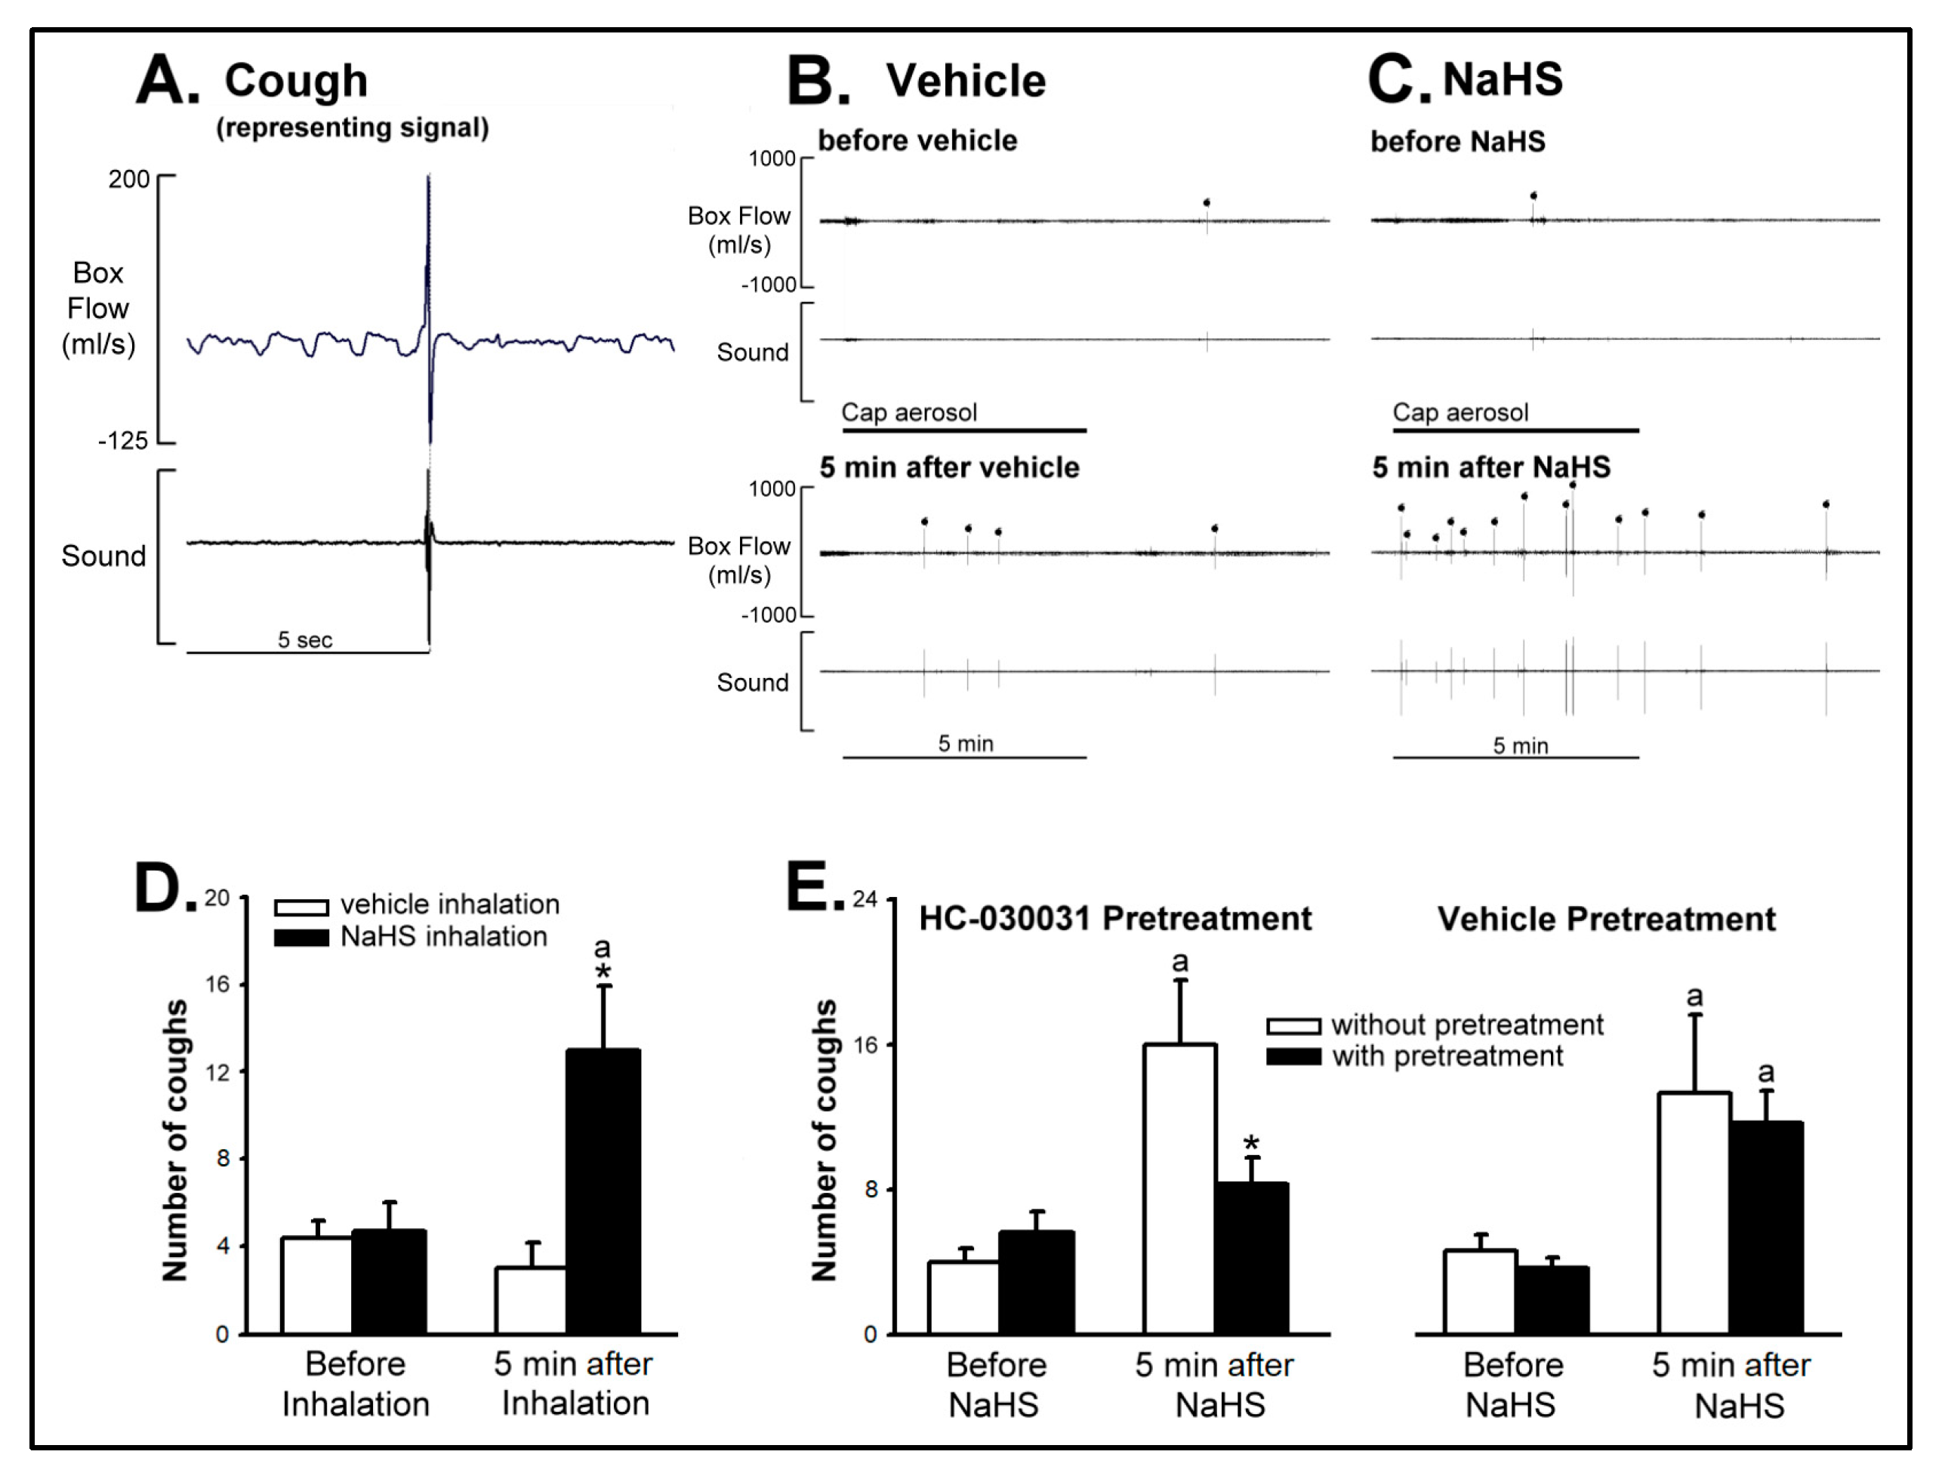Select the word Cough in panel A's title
point(295,81)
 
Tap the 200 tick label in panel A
point(128,180)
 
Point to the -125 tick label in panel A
point(122,441)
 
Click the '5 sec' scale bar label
point(305,639)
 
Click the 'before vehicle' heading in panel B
point(917,140)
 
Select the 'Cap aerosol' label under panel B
point(909,412)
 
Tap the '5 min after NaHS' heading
point(1491,467)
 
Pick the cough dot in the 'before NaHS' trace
point(1533,196)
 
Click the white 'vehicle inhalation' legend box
point(301,907)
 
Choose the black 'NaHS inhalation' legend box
point(301,938)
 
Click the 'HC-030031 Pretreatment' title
point(1115,918)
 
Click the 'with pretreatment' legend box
point(1293,1056)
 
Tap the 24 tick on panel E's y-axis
point(865,898)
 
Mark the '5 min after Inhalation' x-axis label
point(574,1383)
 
